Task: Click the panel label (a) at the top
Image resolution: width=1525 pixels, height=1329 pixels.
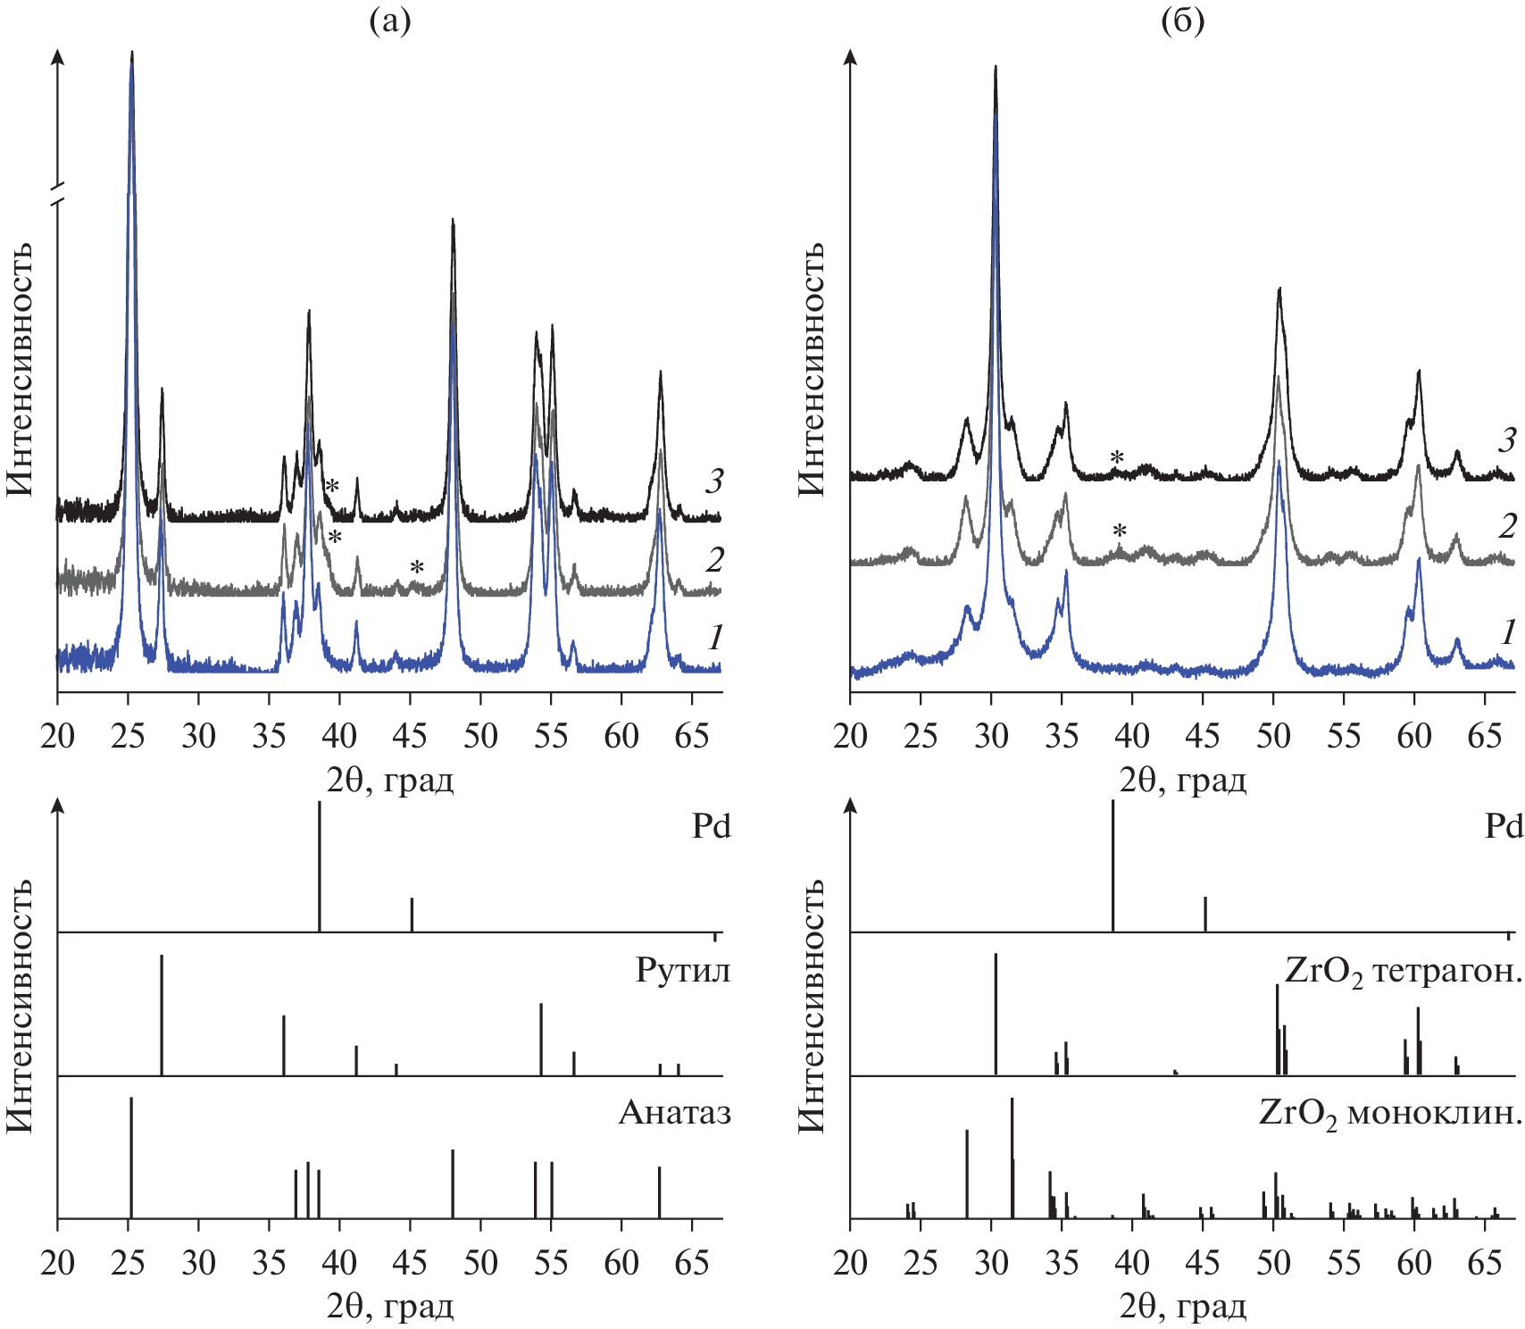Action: [x=390, y=21]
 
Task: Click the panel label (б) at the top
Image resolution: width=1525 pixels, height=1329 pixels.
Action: [x=1182, y=21]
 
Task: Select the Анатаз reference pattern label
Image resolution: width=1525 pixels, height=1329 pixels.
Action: [x=674, y=1112]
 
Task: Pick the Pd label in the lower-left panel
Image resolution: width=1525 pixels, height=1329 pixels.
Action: [x=711, y=826]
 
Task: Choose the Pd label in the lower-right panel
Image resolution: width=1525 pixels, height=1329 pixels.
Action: [x=1503, y=826]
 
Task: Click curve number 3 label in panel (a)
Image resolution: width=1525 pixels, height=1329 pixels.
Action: [x=713, y=481]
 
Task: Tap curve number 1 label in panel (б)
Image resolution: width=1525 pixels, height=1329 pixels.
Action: [x=1508, y=632]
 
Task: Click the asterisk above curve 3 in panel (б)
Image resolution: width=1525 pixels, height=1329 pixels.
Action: [x=1117, y=458]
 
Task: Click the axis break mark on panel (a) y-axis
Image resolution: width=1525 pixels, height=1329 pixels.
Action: [x=58, y=196]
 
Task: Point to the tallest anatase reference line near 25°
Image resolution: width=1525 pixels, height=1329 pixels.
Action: [x=131, y=1157]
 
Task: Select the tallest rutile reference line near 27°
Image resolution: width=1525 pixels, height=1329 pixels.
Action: [x=162, y=1015]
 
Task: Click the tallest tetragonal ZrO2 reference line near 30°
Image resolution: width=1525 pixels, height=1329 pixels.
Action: [x=996, y=1014]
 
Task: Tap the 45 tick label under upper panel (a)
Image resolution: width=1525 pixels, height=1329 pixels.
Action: [x=410, y=736]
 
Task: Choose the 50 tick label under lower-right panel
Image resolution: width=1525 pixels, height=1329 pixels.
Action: [x=1273, y=1263]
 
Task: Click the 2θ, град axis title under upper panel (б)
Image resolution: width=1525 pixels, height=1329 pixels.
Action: [x=1182, y=781]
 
